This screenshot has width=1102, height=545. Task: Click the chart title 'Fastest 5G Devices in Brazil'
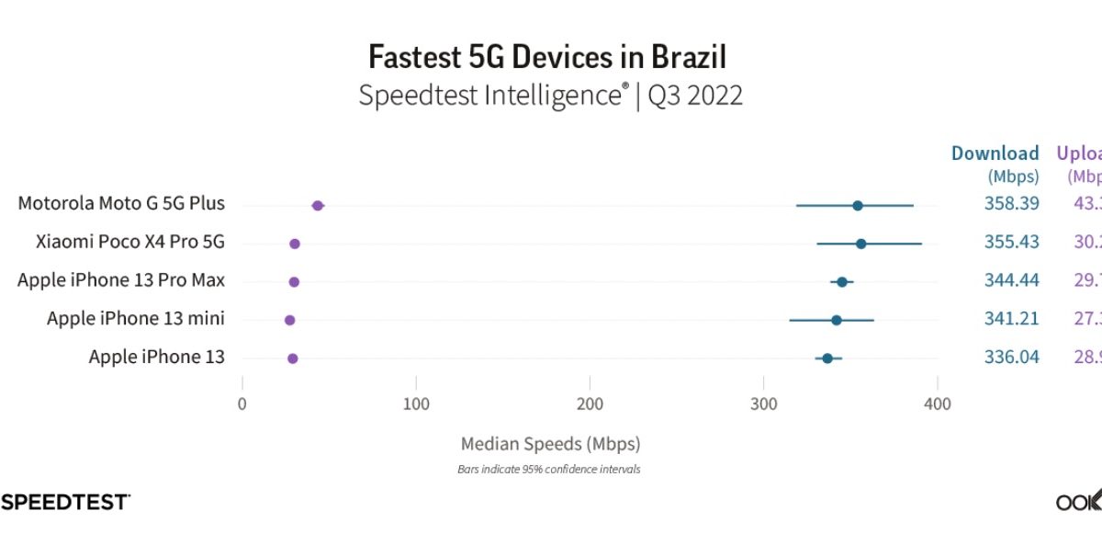point(547,57)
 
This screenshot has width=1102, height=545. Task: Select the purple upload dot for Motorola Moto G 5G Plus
point(318,206)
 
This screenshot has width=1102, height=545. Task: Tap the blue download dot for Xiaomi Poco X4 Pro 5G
point(860,244)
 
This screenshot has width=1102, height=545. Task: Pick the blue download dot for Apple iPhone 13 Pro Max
point(842,281)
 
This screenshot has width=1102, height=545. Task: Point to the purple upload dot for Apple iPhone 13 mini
point(289,320)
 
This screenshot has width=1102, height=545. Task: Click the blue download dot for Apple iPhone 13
point(827,358)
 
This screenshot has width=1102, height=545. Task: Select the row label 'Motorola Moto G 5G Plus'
point(121,203)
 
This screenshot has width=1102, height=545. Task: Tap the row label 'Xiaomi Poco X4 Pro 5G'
point(130,243)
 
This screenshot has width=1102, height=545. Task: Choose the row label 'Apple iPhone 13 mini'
point(136,319)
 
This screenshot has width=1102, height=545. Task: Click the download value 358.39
point(1011,203)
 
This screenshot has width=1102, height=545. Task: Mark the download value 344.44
point(1011,280)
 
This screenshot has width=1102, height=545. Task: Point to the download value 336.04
point(1011,357)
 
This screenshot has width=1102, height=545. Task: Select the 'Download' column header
point(995,153)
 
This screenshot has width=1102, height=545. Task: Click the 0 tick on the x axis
point(242,404)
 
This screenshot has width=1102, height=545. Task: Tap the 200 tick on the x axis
point(590,404)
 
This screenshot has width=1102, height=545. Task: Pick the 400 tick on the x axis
point(937,404)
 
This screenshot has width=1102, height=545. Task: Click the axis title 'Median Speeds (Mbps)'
point(550,444)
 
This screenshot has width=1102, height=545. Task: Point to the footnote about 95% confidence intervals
point(549,470)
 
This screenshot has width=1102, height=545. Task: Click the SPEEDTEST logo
point(64,502)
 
